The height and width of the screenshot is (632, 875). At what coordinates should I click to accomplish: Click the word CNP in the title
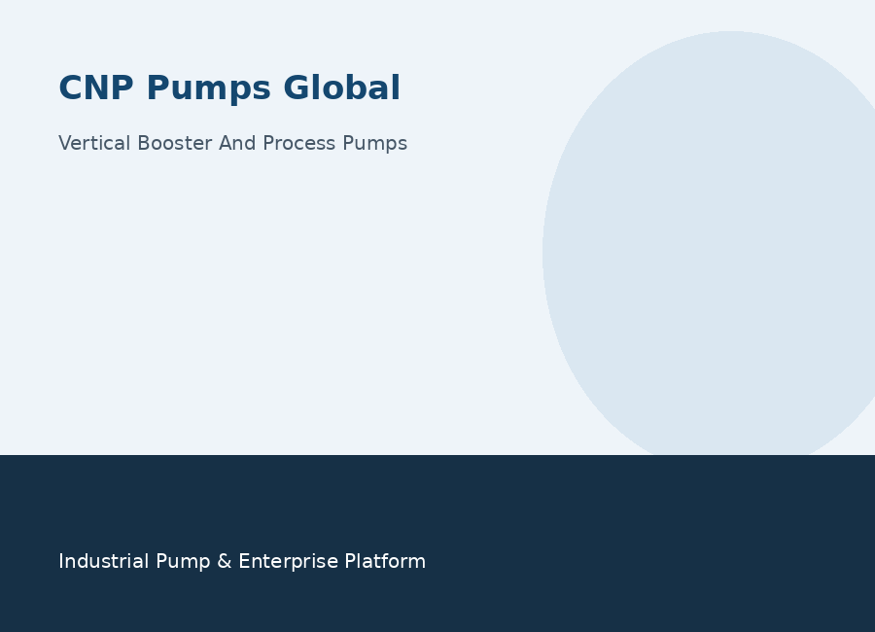pos(96,88)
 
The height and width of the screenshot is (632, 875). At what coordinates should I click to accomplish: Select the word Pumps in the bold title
pos(209,89)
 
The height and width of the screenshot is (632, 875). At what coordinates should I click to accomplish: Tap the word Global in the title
pos(341,88)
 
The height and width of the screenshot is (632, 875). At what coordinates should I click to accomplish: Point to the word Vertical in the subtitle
pos(94,143)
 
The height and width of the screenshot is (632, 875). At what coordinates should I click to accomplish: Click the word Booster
pos(175,143)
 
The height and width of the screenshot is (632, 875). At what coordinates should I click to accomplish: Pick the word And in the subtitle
pos(237,143)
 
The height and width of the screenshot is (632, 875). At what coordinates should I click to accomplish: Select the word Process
pos(299,143)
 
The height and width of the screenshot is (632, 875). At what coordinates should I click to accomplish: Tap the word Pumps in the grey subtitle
pos(375,144)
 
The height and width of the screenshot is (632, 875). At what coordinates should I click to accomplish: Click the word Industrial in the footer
pos(104,561)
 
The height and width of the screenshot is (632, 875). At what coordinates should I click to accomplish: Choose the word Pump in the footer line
pos(183,563)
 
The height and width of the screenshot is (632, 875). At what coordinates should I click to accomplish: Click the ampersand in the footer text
pos(225,561)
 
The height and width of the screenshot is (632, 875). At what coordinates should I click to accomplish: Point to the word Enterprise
pos(289,563)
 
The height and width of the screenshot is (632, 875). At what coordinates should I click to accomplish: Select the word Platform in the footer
pos(385,561)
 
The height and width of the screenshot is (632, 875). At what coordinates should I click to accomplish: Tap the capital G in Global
pos(297,88)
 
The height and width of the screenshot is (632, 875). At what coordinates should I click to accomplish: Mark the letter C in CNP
pos(70,88)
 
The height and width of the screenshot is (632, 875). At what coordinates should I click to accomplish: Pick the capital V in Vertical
pos(65,143)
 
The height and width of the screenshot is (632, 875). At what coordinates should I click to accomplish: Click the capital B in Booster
pos(144,143)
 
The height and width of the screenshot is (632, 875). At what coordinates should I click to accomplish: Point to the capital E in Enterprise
pos(244,561)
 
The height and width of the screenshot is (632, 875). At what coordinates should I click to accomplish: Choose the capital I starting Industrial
pos(60,561)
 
